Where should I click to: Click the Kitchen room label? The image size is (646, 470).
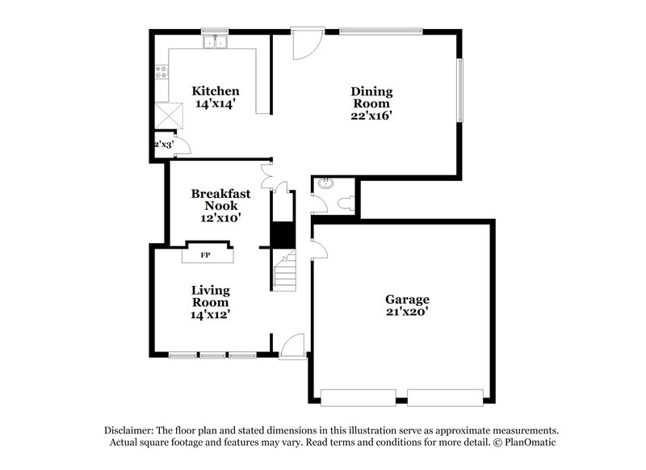[215, 90]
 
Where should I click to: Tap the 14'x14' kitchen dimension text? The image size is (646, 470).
[215, 103]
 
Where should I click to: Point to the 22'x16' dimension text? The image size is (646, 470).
[371, 115]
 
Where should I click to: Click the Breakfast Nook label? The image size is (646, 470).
[220, 199]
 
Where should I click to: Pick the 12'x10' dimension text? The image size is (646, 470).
[220, 217]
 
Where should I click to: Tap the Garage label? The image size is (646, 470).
[407, 299]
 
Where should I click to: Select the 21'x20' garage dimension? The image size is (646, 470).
[407, 312]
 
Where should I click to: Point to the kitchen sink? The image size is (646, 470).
[216, 43]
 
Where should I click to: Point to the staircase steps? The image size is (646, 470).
[283, 271]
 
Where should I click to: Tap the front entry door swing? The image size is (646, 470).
[292, 345]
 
